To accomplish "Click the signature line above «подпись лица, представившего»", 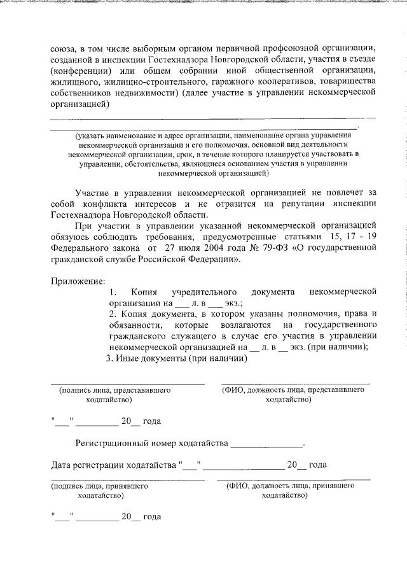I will click(x=127, y=384).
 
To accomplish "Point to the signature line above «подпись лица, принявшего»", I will click(x=127, y=480).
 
